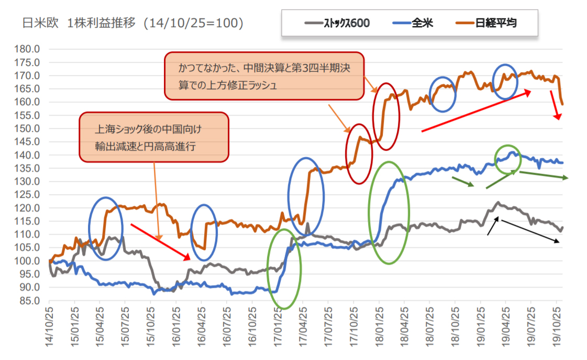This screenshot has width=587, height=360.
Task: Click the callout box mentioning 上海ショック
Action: point(154,137)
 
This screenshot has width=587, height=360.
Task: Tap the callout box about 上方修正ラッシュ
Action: point(264,76)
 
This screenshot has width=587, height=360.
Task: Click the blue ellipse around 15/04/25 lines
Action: point(106,228)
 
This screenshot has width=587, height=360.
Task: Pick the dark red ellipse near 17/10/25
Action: point(359,154)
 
